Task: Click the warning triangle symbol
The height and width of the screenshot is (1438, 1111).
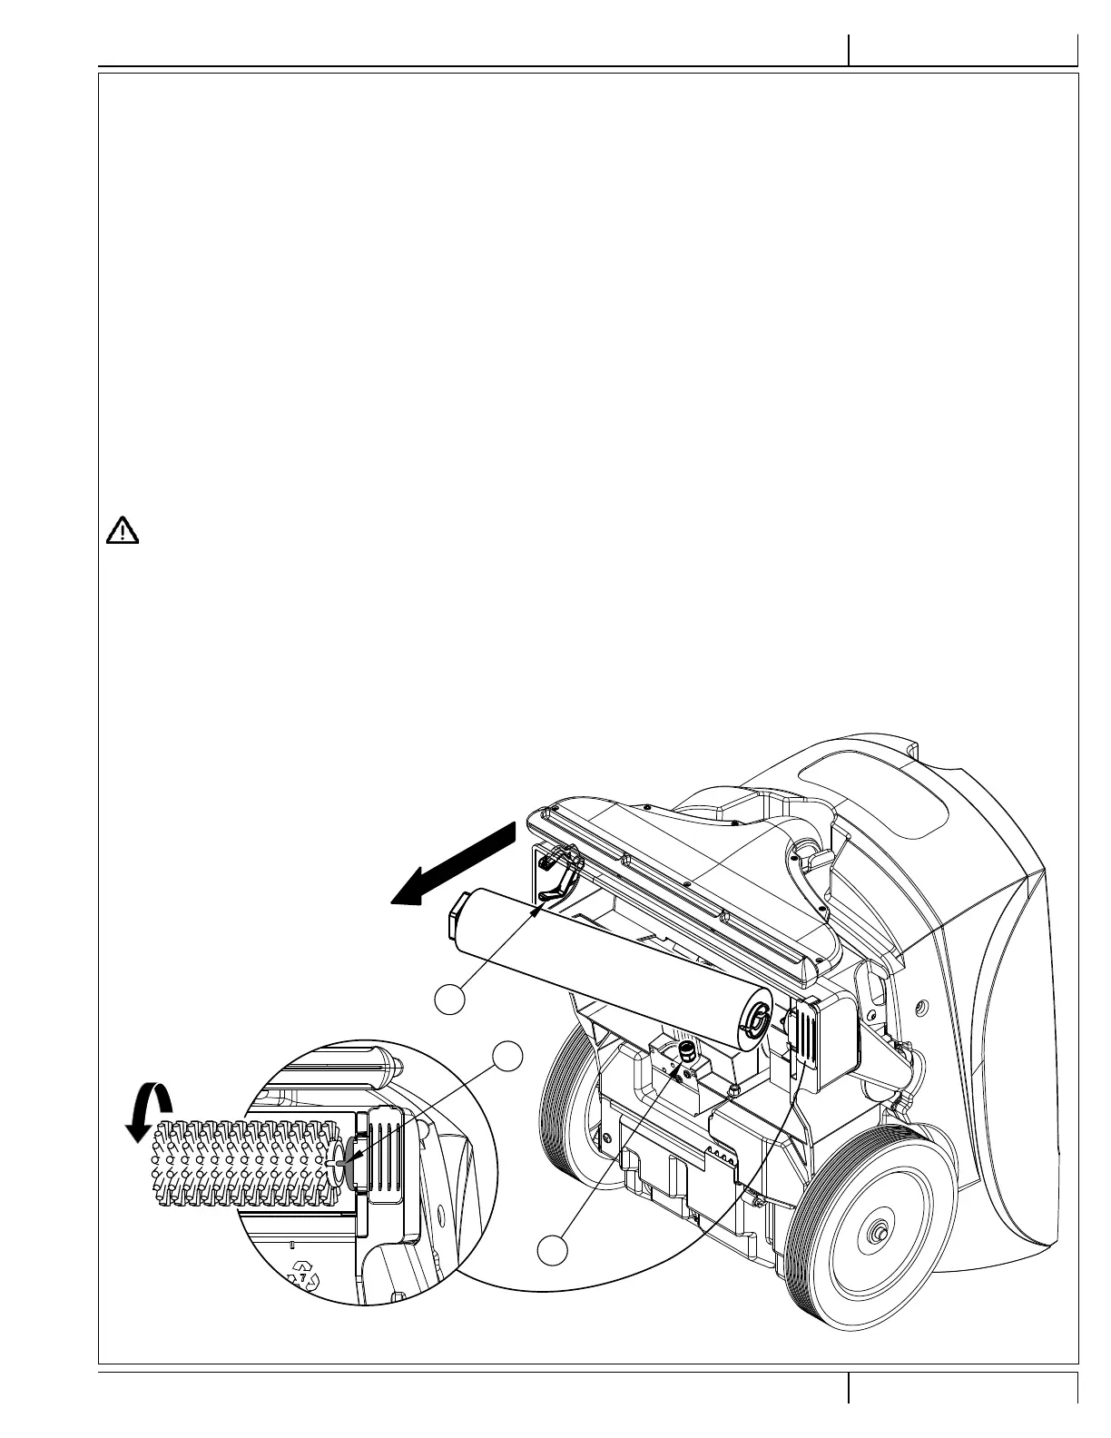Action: point(123,529)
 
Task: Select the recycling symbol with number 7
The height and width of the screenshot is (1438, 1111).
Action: point(303,1275)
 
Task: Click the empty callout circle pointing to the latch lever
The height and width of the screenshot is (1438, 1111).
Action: point(451,999)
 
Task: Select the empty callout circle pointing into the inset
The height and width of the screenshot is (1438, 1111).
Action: point(509,1057)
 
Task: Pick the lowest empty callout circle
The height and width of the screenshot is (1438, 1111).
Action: point(552,1250)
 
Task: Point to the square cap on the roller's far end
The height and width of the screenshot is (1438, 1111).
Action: point(457,915)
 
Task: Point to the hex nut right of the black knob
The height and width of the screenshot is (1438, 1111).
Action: point(734,1087)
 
